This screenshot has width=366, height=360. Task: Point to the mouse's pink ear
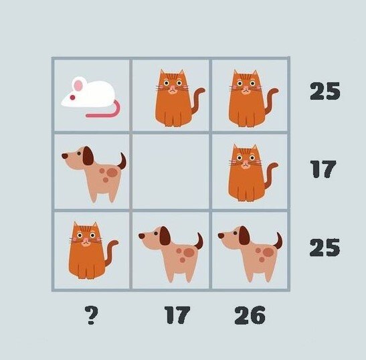coord(78,84)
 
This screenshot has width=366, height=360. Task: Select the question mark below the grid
coord(92,315)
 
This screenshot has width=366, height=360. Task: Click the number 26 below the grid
coord(250,315)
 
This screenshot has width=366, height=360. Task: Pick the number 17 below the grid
coord(177,315)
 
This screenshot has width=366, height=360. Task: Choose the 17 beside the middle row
coord(324,169)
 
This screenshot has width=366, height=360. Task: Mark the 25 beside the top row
coord(325,91)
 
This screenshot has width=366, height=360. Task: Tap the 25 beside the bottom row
coord(325,248)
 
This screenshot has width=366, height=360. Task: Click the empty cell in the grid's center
coord(171,171)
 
